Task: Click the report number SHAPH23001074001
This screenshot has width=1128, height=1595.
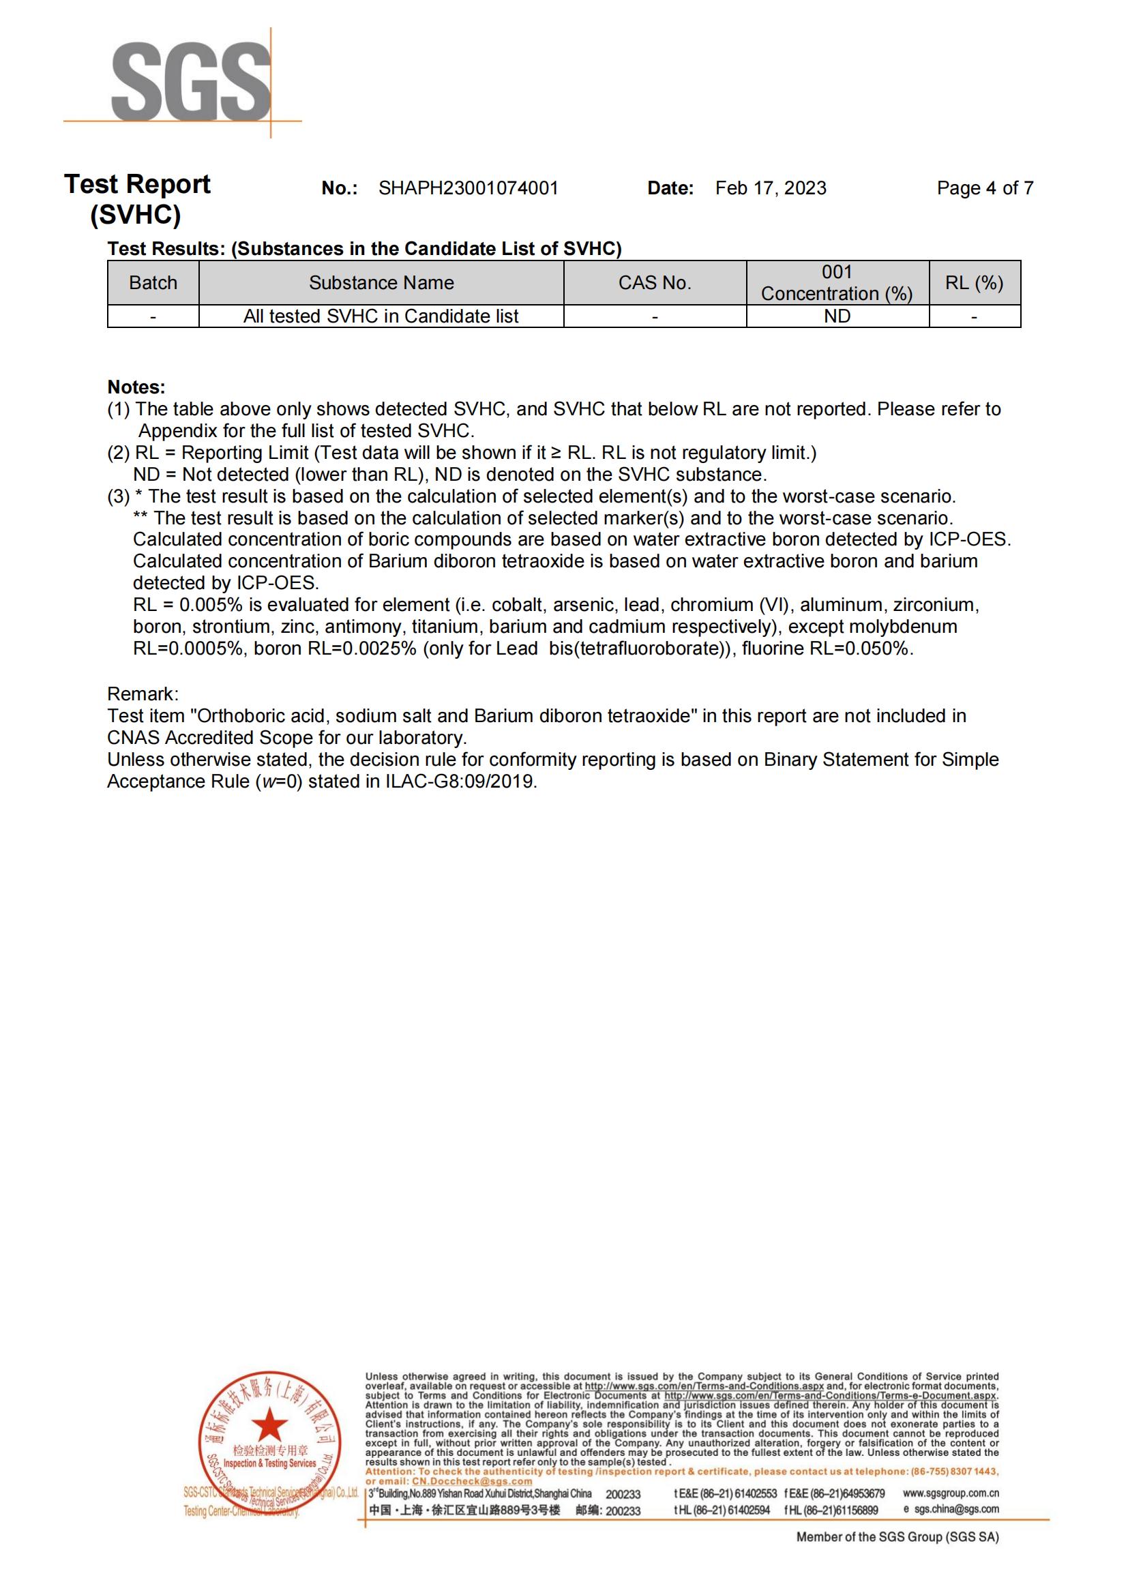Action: coord(467,188)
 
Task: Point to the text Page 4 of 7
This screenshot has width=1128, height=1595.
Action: coord(984,188)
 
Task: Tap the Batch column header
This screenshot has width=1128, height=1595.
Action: coord(153,283)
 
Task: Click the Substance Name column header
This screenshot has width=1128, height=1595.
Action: coord(381,283)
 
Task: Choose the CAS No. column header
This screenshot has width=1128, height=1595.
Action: coord(654,283)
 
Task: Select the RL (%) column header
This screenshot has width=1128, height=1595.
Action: coord(974,283)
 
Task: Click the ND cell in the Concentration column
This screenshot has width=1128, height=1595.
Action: coord(837,316)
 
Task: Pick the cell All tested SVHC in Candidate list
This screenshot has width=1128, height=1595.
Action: coord(381,316)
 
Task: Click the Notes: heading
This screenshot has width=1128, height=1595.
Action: coord(136,387)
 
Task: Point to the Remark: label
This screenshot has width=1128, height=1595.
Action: coord(143,694)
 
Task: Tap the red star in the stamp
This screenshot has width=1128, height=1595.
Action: coord(269,1426)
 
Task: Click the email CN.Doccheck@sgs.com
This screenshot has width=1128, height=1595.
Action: coord(472,1481)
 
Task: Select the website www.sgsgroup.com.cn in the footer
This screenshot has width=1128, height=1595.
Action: coord(950,1493)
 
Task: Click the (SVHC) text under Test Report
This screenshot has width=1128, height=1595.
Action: coord(136,215)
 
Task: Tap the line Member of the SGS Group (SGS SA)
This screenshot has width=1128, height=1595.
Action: coord(897,1537)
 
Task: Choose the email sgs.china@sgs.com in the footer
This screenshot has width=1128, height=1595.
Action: coord(956,1509)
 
